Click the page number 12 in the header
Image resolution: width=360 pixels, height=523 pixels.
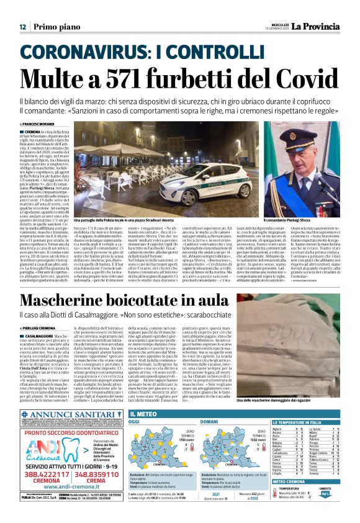[x=22, y=27]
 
